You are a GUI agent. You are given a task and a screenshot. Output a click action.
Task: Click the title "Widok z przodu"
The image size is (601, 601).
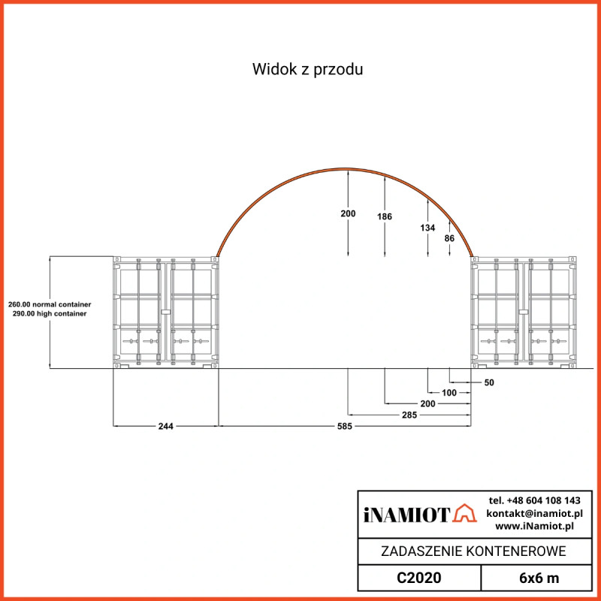[308, 70]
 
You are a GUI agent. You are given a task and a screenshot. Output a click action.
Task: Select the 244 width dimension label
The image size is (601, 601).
[166, 426]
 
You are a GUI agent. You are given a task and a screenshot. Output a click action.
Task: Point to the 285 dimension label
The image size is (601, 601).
[409, 415]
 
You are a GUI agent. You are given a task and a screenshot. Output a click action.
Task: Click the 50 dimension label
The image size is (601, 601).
[490, 382]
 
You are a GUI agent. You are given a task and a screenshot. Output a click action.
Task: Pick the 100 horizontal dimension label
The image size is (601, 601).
[449, 393]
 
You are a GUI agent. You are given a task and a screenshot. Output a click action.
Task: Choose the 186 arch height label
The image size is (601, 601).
[385, 216]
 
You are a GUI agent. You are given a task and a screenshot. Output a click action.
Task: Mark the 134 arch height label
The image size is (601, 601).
[427, 228]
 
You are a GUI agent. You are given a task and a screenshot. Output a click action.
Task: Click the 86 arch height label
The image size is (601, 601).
[449, 238]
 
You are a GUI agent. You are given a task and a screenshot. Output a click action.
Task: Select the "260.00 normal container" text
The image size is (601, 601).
[50, 304]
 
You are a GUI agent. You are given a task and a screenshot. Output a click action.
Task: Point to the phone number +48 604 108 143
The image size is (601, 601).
[534, 500]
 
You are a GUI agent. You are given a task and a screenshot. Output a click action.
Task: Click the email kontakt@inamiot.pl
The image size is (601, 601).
[534, 513]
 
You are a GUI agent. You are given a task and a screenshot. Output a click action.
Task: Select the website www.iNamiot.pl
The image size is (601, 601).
[534, 526]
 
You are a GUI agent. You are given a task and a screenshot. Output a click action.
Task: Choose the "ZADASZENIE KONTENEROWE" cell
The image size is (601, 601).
[464, 551]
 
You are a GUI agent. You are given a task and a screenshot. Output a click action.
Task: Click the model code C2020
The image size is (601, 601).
[418, 578]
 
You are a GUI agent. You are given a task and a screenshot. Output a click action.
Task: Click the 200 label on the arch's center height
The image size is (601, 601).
[348, 214]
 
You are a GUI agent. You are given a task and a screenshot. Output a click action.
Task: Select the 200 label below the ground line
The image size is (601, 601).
[427, 403]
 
